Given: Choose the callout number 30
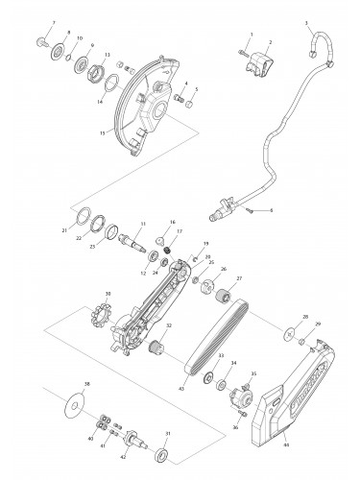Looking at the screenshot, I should tap(108, 294).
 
